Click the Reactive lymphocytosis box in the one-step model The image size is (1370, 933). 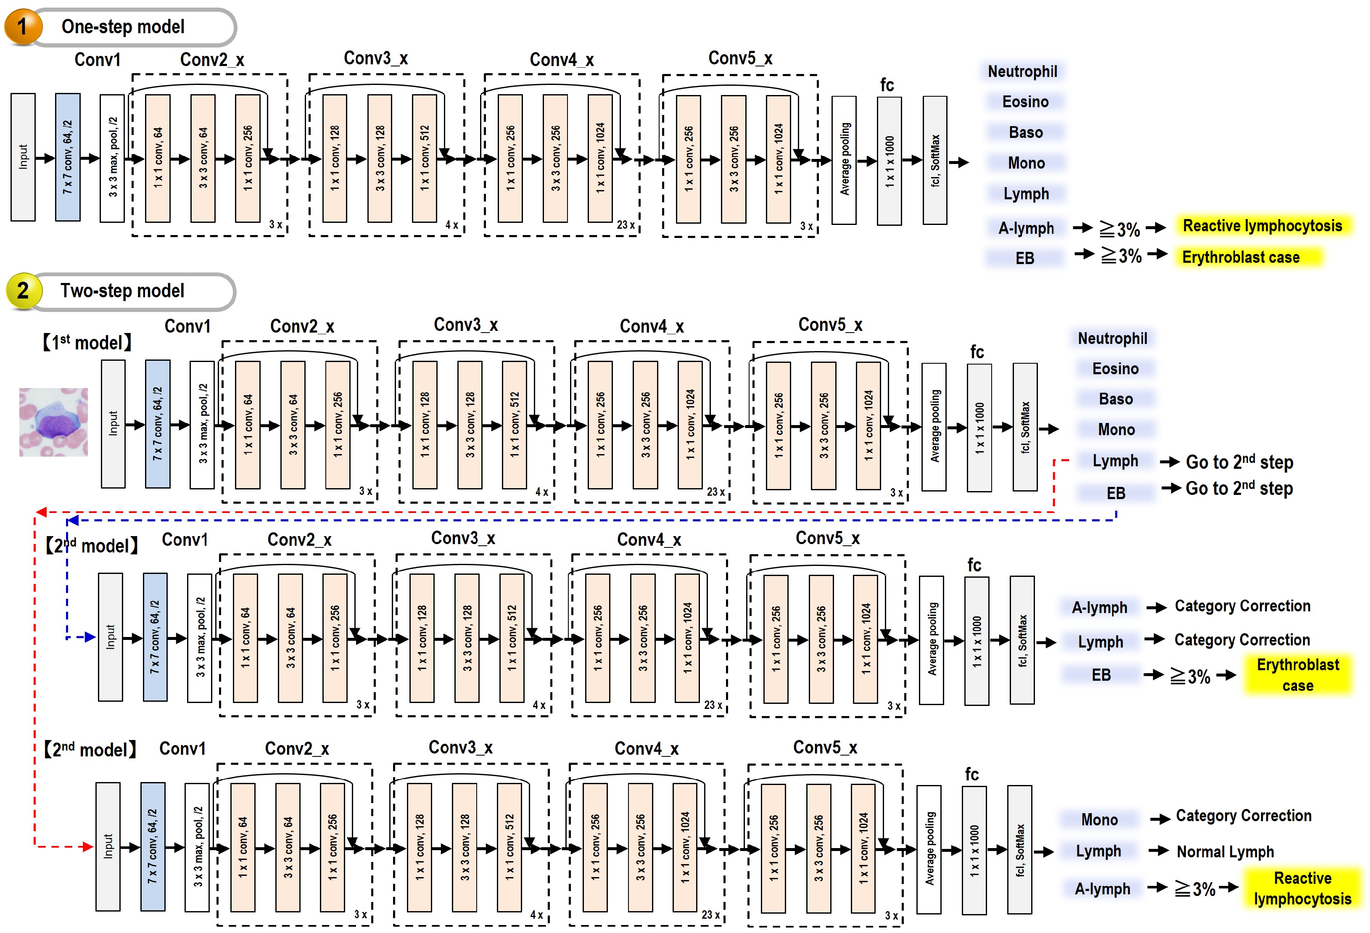point(1262,226)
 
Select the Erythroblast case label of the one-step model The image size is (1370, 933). point(1241,257)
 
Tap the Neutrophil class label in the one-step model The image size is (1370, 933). point(1022,71)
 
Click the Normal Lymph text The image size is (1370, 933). point(1225,851)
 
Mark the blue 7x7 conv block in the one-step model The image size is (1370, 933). point(68,157)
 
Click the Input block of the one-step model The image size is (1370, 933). point(23,157)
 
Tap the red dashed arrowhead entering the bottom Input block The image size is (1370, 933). point(88,847)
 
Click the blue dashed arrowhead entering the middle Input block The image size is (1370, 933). point(90,637)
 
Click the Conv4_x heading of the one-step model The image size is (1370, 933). point(561,60)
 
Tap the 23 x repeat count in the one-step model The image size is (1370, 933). point(626,225)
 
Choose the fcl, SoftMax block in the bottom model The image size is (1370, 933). point(1019,849)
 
